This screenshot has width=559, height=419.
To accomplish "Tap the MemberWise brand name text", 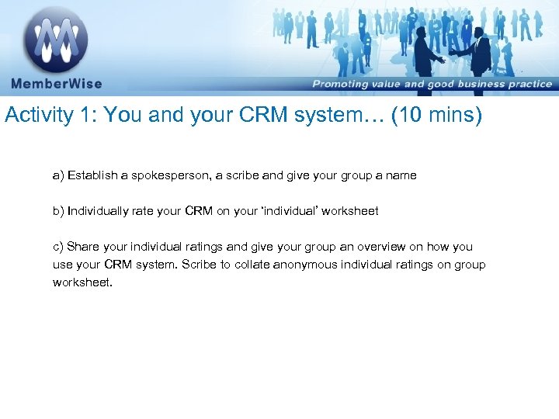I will (56, 84).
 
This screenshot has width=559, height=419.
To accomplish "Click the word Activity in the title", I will (40, 116).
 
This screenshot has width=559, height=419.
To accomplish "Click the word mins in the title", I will (452, 116).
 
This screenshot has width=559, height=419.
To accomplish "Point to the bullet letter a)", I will (58, 175).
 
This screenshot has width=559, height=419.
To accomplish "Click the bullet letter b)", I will (58, 210).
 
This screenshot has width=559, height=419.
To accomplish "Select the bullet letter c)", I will (58, 247).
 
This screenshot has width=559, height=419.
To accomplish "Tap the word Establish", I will (92, 175).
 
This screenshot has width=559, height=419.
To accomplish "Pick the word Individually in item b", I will (97, 210).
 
